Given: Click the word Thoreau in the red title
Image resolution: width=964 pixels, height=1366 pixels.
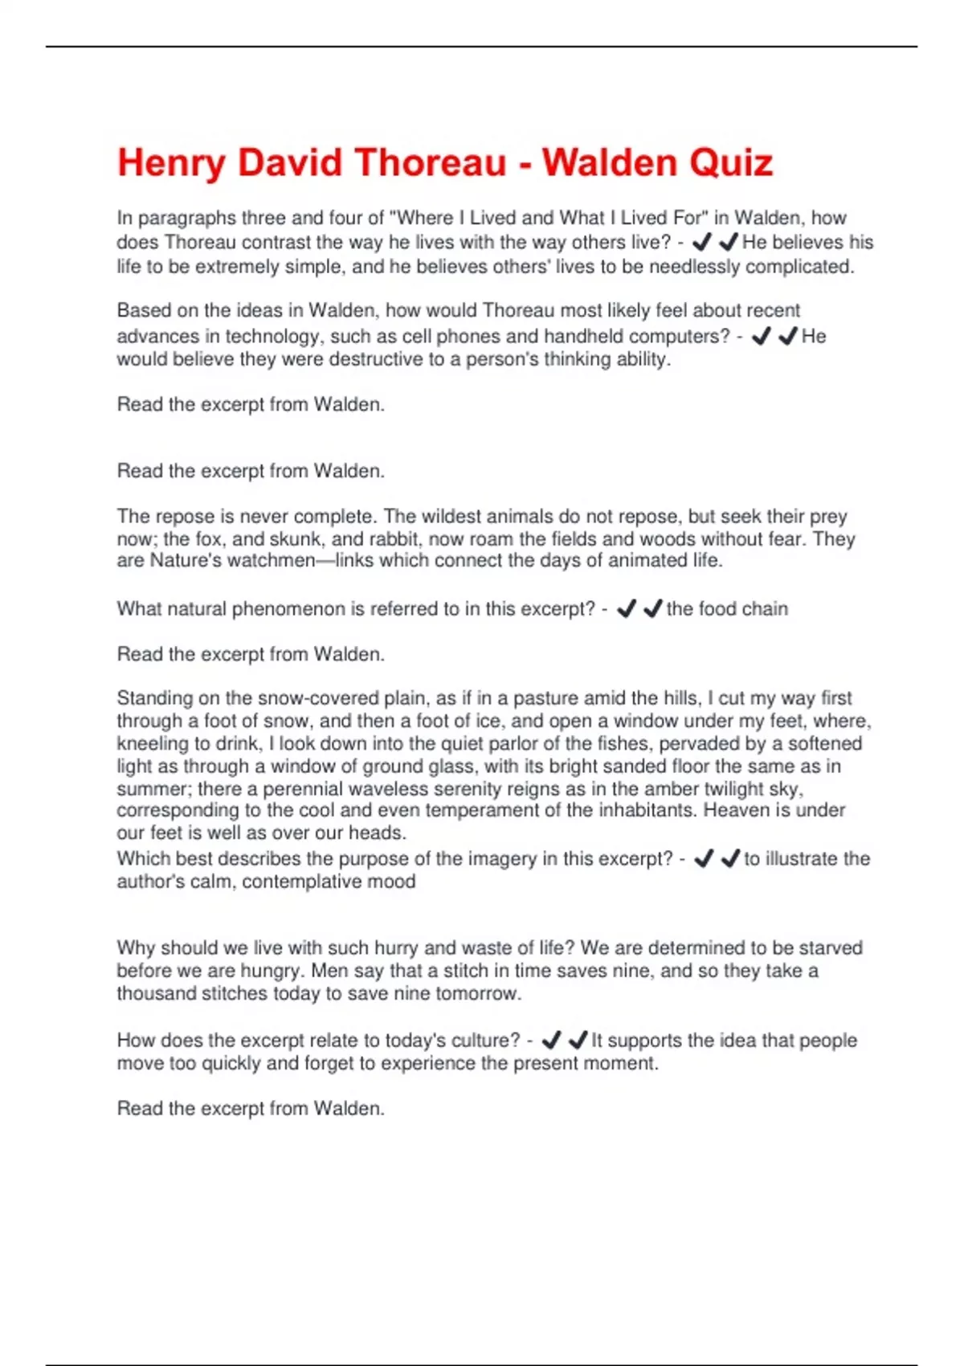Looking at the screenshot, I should [x=430, y=162].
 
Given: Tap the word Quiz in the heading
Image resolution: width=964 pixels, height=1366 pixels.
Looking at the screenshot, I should [x=730, y=162].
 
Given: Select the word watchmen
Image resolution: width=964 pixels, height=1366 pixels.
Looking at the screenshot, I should [x=271, y=560].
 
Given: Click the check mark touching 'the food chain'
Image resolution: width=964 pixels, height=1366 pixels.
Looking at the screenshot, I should [x=653, y=609].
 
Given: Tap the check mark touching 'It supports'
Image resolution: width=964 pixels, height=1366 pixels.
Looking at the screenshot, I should [x=578, y=1041].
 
